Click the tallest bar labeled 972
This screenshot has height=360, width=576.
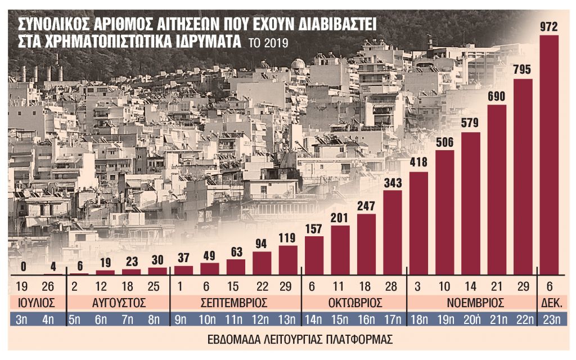[549, 155]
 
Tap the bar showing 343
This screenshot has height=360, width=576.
[393, 232]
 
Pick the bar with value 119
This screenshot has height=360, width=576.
[288, 259]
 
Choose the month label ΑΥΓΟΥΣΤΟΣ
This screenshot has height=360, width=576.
[118, 303]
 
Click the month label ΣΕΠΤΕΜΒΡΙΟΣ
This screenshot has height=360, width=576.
[236, 303]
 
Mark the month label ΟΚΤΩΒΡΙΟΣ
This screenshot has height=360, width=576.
[354, 303]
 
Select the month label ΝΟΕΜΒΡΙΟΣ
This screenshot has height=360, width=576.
[471, 303]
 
